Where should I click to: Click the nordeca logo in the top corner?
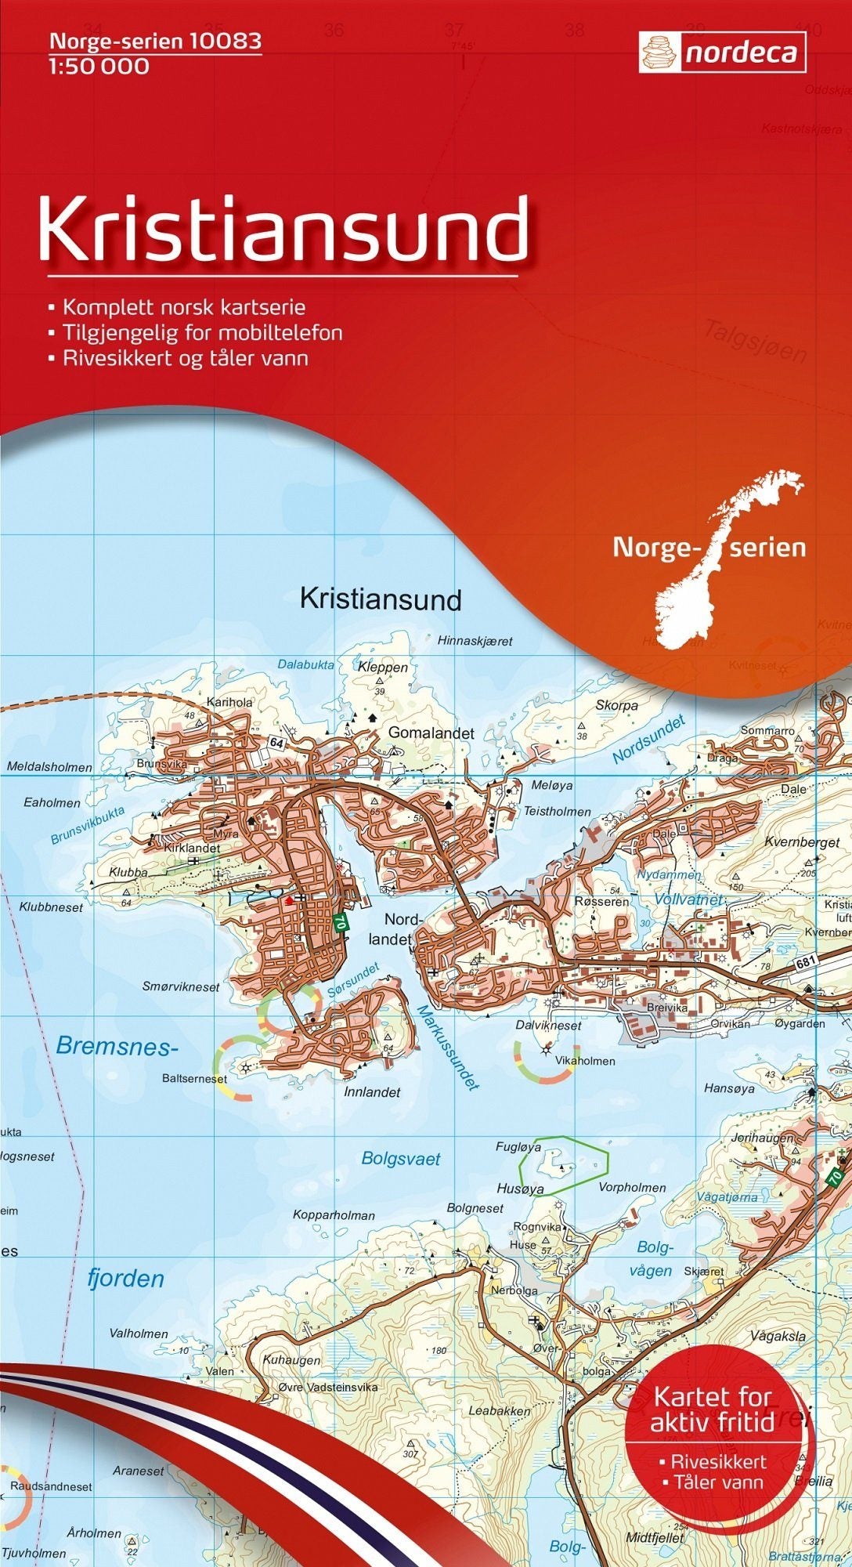coord(722,52)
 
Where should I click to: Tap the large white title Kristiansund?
coord(283,229)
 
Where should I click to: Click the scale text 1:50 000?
coord(99,67)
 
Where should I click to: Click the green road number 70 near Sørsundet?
coord(339,922)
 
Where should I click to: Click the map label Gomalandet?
coord(431,733)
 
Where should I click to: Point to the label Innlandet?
coord(372,1091)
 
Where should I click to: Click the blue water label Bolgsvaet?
coord(401,1158)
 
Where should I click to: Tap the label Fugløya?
coord(518,1146)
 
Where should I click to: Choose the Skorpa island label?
coord(617,705)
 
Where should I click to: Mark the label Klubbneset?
coord(51,907)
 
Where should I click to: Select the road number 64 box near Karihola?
coord(276,742)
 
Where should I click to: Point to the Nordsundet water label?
coord(649,739)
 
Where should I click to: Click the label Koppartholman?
coord(334,1215)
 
